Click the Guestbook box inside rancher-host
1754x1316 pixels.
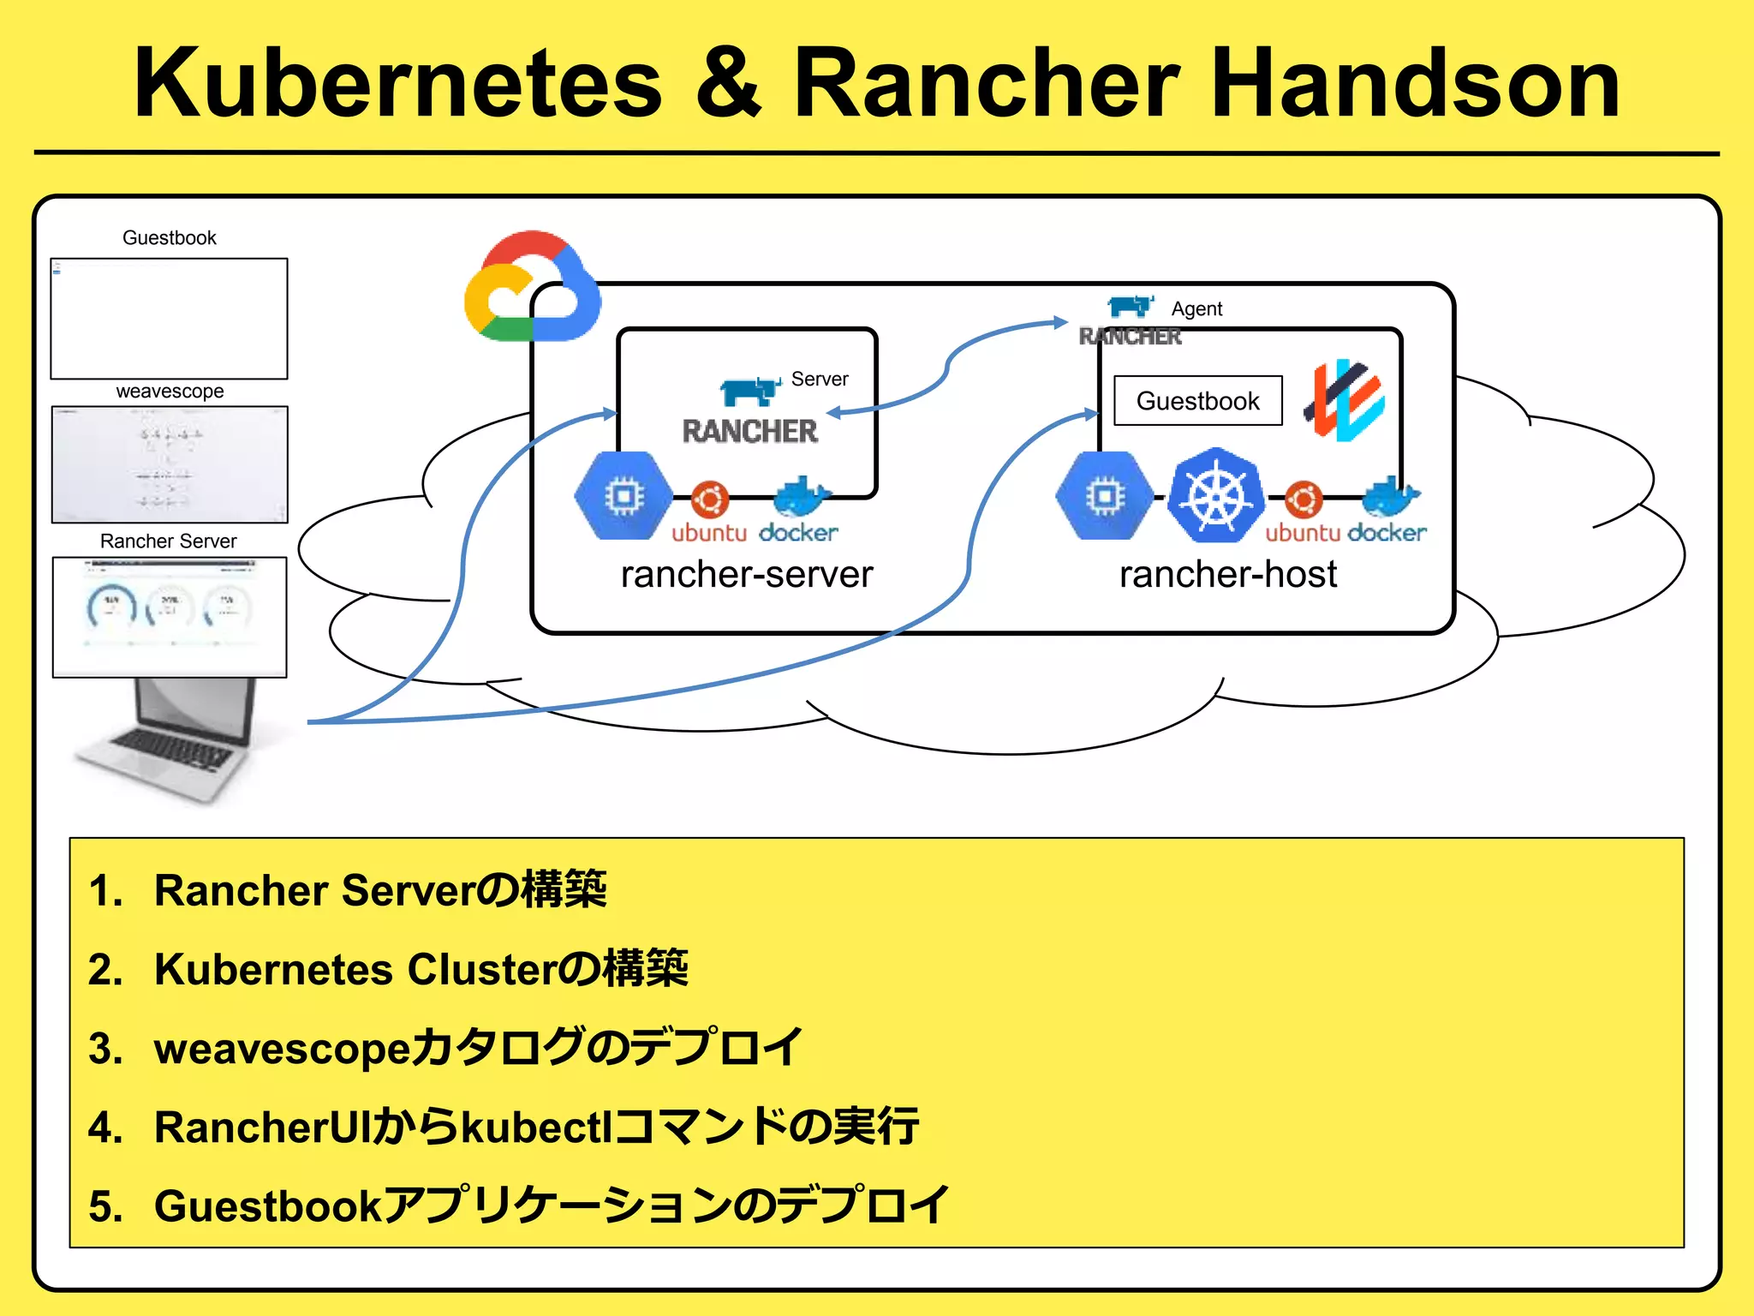1197,400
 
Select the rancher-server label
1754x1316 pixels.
746,574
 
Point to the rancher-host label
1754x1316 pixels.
1227,574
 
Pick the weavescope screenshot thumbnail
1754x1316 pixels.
170,464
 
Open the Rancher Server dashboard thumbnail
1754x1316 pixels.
170,617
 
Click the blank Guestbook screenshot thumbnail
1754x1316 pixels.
170,319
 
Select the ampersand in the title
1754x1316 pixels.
728,83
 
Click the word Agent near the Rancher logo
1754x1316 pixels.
1196,309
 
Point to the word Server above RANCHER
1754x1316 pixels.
820,379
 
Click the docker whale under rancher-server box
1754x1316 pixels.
800,497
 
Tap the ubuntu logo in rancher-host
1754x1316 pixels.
1303,499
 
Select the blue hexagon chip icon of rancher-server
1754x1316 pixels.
623,496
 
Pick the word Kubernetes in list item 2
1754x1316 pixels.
273,969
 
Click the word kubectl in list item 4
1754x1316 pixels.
538,1127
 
